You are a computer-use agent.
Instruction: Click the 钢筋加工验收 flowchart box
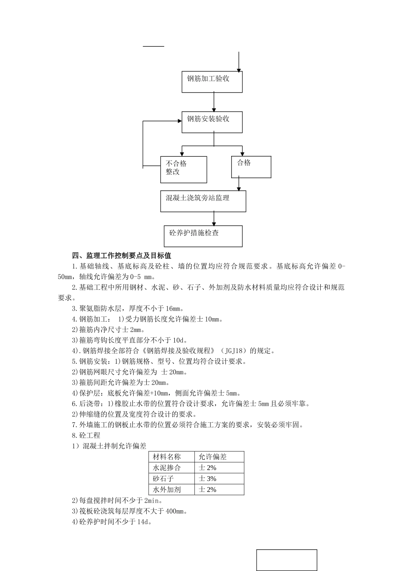coord(212,82)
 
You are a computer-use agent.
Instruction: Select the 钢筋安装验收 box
coord(212,122)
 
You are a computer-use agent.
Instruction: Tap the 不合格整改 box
coord(183,169)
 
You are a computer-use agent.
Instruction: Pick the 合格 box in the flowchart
coord(251,167)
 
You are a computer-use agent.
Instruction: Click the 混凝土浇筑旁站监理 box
coord(203,201)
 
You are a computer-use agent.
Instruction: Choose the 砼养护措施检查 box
coord(203,236)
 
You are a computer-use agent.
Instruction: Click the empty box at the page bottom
coord(286,560)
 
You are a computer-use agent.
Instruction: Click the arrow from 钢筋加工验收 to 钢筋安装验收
coord(214,102)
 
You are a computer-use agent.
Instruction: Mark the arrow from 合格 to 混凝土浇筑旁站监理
coord(239,184)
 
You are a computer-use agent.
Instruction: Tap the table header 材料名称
coord(167,457)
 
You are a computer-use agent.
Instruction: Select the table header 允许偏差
coord(213,457)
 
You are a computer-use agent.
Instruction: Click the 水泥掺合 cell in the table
coord(167,468)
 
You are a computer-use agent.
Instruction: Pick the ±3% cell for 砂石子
coord(208,479)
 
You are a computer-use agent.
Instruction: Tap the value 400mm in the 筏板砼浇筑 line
coord(178,512)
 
